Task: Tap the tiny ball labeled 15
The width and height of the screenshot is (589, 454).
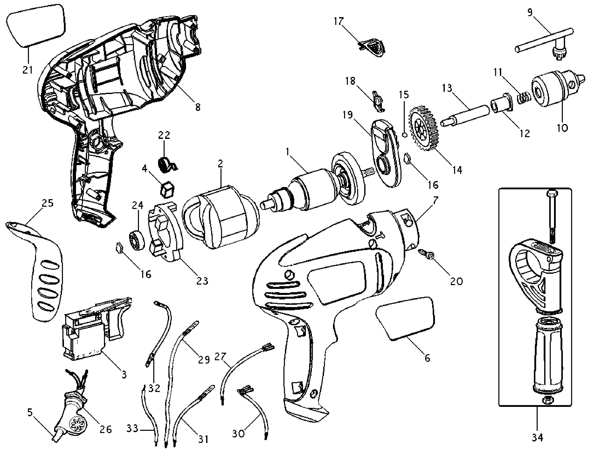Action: point(404,135)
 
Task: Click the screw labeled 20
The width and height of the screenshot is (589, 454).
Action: point(427,254)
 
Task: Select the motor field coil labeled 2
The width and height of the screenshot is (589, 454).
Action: point(220,217)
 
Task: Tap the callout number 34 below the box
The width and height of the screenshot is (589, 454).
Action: point(537,437)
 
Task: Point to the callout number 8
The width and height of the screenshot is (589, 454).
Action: point(198,107)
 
